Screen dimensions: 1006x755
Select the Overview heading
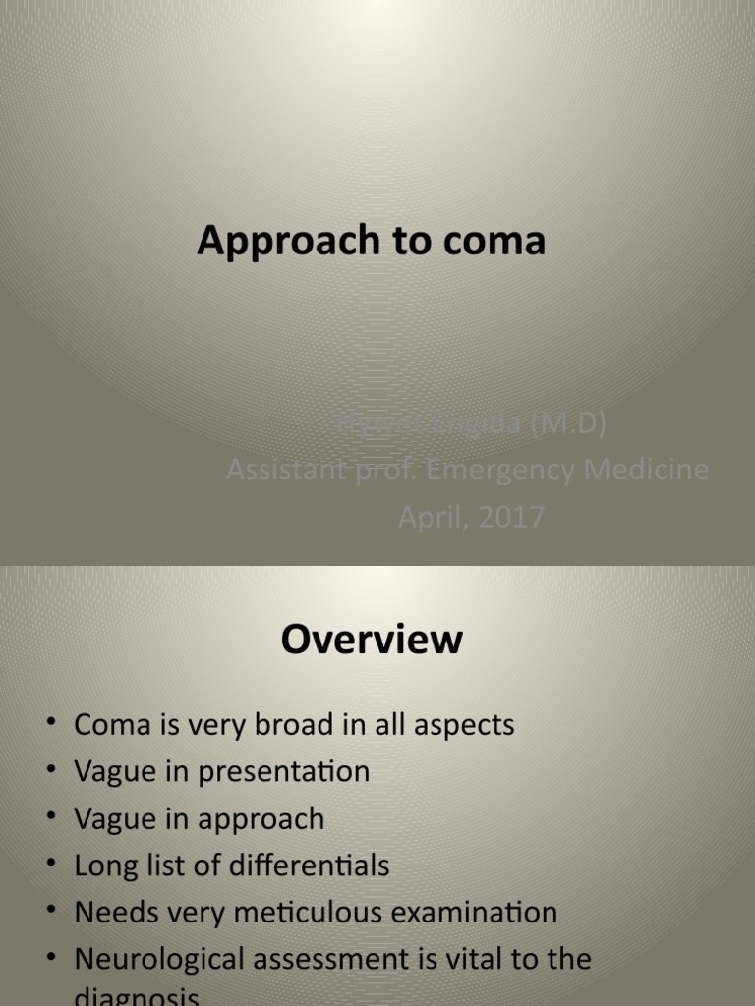click(372, 640)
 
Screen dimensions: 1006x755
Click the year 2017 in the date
click(510, 517)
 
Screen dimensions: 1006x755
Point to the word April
click(432, 517)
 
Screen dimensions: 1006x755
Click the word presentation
click(284, 772)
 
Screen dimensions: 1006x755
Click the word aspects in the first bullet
click(461, 726)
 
